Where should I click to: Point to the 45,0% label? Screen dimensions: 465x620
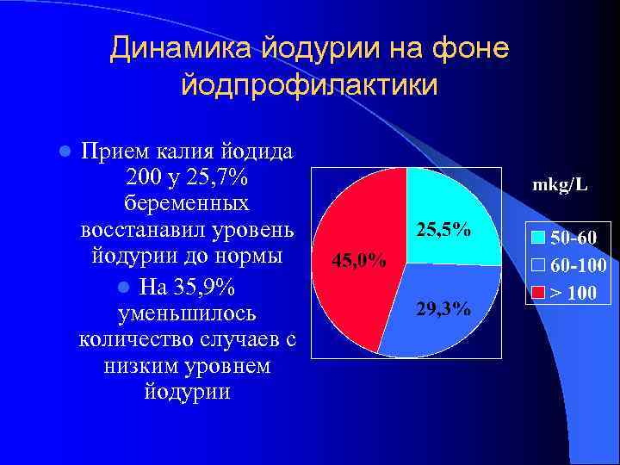click(x=358, y=259)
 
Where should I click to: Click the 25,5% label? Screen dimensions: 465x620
click(x=443, y=230)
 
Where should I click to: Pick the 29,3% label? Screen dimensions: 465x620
click(x=443, y=309)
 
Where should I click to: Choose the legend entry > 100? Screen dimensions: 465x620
click(x=572, y=292)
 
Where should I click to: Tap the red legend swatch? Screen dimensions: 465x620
click(x=538, y=292)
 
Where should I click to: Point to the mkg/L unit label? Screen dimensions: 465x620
click(x=560, y=184)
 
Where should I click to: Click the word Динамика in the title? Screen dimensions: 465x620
click(x=177, y=49)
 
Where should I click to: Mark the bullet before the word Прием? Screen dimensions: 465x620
click(x=63, y=152)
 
